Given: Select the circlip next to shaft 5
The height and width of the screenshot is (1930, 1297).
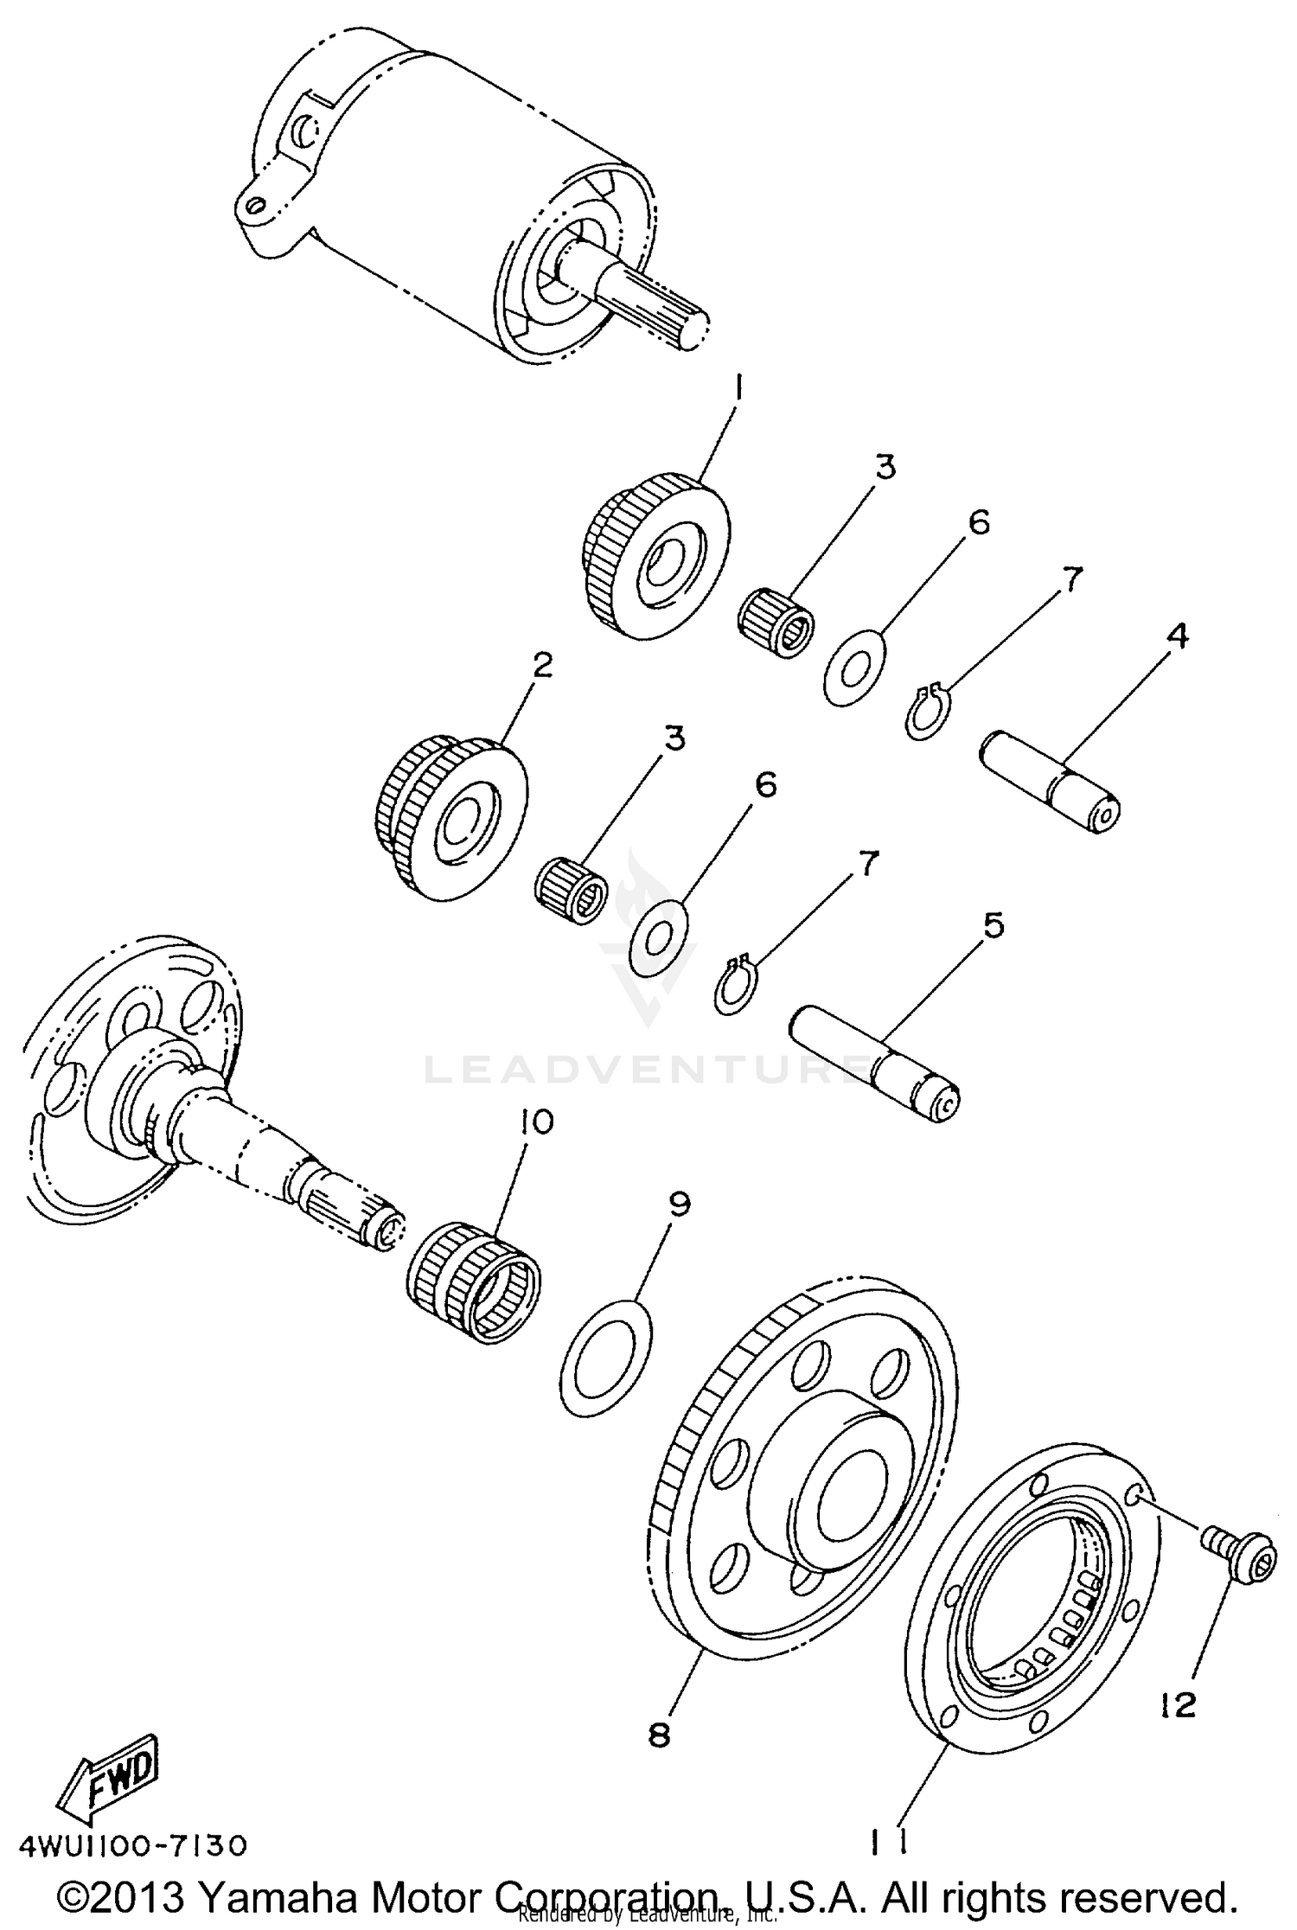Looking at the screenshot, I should tap(738, 987).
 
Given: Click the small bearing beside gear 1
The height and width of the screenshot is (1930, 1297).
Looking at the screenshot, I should tap(777, 620).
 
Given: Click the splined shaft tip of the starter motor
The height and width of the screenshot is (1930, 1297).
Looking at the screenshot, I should tap(666, 306).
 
